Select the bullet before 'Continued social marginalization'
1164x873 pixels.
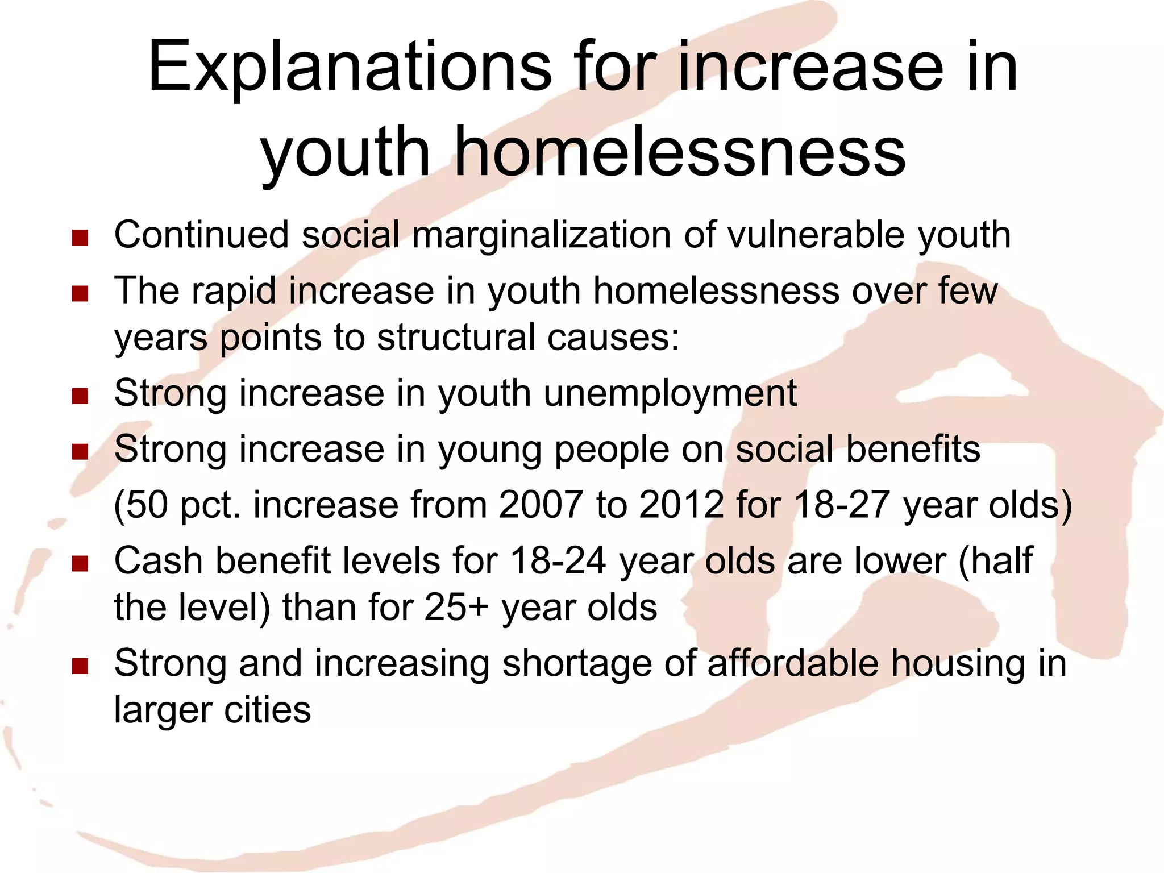[80, 238]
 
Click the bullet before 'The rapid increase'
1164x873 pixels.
[80, 294]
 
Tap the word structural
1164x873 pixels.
[456, 337]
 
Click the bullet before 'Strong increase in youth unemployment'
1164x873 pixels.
[80, 396]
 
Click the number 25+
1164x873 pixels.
[456, 607]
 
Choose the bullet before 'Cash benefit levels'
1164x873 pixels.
[80, 564]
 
